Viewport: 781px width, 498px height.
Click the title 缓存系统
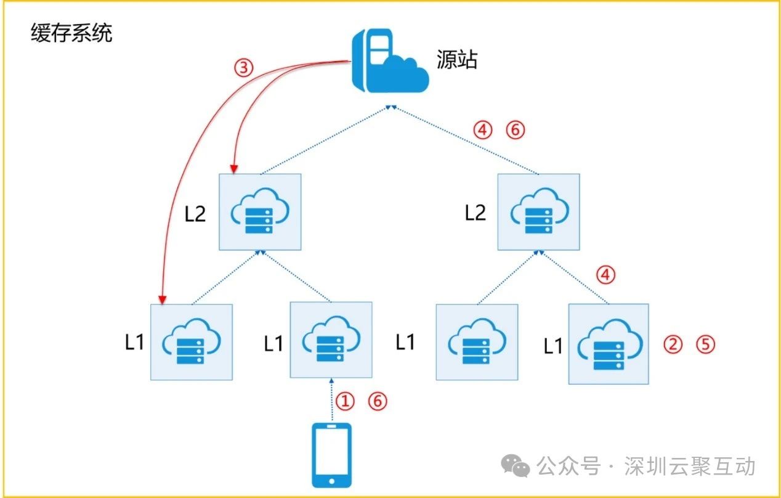click(x=71, y=34)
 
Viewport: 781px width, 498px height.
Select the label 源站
click(x=457, y=60)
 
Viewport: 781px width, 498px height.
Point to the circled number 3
click(x=244, y=68)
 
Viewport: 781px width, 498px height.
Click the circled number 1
click(x=346, y=401)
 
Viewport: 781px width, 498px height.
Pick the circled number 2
click(x=673, y=344)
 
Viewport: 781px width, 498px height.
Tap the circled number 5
click(x=706, y=344)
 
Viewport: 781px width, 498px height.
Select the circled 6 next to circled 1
click(x=378, y=401)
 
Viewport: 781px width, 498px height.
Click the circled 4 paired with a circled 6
click(x=483, y=130)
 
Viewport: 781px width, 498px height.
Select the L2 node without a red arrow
click(x=538, y=211)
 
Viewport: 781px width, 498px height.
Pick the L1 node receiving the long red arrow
click(x=192, y=342)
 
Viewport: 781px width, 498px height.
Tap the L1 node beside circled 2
click(x=609, y=344)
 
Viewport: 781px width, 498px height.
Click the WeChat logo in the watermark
click(x=515, y=467)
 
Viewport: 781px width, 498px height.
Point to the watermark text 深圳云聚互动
click(x=689, y=467)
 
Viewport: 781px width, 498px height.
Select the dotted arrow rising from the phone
click(x=331, y=401)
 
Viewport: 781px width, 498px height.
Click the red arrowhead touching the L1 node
click(x=162, y=300)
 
